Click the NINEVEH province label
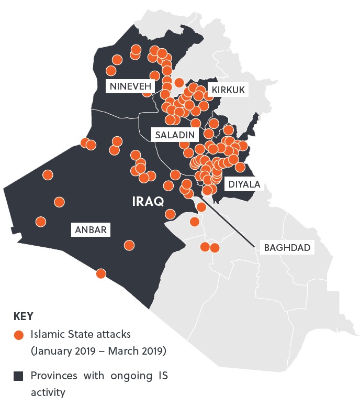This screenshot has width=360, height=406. tap(131, 86)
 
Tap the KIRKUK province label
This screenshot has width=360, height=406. tap(228, 90)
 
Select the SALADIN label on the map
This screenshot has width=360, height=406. tap(175, 135)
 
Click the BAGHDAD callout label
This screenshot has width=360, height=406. tap(287, 247)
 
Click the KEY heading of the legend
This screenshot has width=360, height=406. tap(23, 316)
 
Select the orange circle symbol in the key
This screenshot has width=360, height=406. tap(19, 334)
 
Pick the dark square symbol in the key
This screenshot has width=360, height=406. tap(19, 376)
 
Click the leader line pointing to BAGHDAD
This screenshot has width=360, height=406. tap(230, 220)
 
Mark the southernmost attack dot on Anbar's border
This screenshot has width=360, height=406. tap(101, 273)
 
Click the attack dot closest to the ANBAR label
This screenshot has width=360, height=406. tap(129, 245)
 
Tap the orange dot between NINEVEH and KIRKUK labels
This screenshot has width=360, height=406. tap(179, 82)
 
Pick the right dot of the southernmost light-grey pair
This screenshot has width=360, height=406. tap(215, 247)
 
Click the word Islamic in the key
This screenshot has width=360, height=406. tap(46, 334)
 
